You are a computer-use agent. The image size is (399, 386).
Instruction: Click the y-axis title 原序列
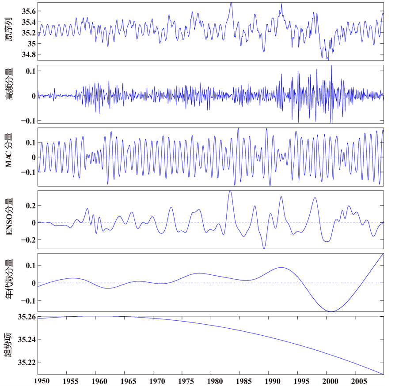point(8,31)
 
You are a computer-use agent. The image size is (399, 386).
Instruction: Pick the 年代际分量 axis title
point(8,282)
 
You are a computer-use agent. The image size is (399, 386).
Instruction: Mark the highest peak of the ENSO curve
point(230,191)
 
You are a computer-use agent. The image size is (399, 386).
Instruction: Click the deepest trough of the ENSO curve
point(264,248)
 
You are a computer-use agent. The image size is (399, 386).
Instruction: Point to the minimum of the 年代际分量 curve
point(331,311)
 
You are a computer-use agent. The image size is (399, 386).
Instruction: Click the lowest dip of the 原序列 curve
point(327,60)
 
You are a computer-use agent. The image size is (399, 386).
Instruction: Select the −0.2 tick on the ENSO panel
point(27,240)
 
